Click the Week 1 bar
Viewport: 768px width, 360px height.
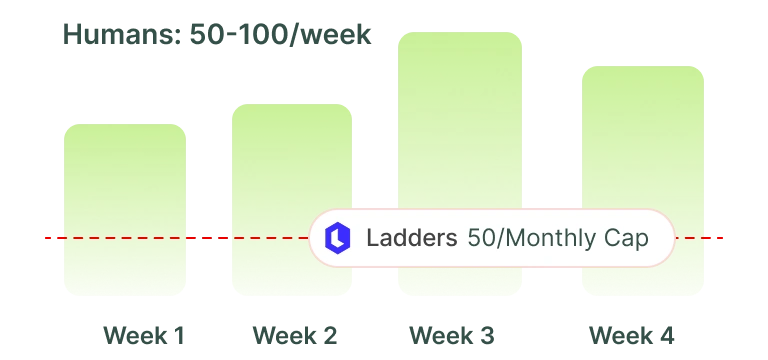pyautogui.click(x=125, y=210)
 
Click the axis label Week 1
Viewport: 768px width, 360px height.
pyautogui.click(x=144, y=336)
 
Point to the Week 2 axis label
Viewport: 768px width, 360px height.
pyautogui.click(x=295, y=336)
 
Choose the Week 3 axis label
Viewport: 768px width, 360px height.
pyautogui.click(x=452, y=336)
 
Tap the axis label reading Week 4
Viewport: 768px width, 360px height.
pyautogui.click(x=631, y=336)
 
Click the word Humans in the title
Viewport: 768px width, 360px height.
pyautogui.click(x=122, y=35)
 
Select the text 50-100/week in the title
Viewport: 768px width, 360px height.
pyautogui.click(x=280, y=35)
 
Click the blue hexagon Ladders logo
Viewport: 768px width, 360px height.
pyautogui.click(x=337, y=238)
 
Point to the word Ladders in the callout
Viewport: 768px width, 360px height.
pyautogui.click(x=411, y=238)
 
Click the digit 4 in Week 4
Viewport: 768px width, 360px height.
pyautogui.click(x=666, y=336)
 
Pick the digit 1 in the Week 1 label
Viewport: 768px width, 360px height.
pyautogui.click(x=178, y=336)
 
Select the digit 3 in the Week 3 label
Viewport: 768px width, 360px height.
pyautogui.click(x=486, y=336)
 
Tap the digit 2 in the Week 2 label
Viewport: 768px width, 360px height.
pyautogui.click(x=330, y=336)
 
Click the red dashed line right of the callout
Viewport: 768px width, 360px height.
pyautogui.click(x=699, y=238)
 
